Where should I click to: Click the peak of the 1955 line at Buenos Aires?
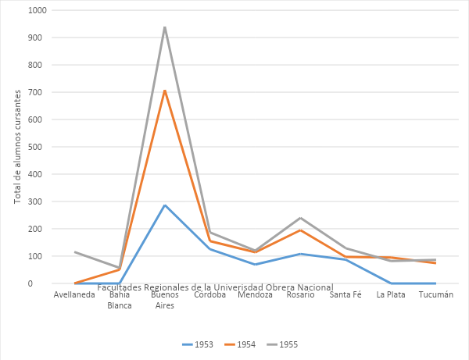(x=165, y=27)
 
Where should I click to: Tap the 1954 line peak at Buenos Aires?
(x=165, y=91)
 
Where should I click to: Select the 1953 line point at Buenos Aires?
(x=165, y=205)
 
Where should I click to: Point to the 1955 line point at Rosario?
(x=300, y=218)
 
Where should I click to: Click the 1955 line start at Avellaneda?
(x=75, y=251)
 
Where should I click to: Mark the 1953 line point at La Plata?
(x=391, y=283)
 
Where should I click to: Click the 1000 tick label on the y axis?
(x=37, y=10)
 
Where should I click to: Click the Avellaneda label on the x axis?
(x=75, y=294)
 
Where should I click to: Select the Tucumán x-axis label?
(x=436, y=294)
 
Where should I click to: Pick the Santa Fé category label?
(x=345, y=294)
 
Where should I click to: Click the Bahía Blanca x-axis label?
(x=120, y=300)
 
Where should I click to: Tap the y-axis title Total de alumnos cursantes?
(x=18, y=146)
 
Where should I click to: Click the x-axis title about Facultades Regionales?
(x=215, y=287)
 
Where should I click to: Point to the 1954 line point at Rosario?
(x=300, y=230)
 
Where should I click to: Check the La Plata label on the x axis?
(x=391, y=294)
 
